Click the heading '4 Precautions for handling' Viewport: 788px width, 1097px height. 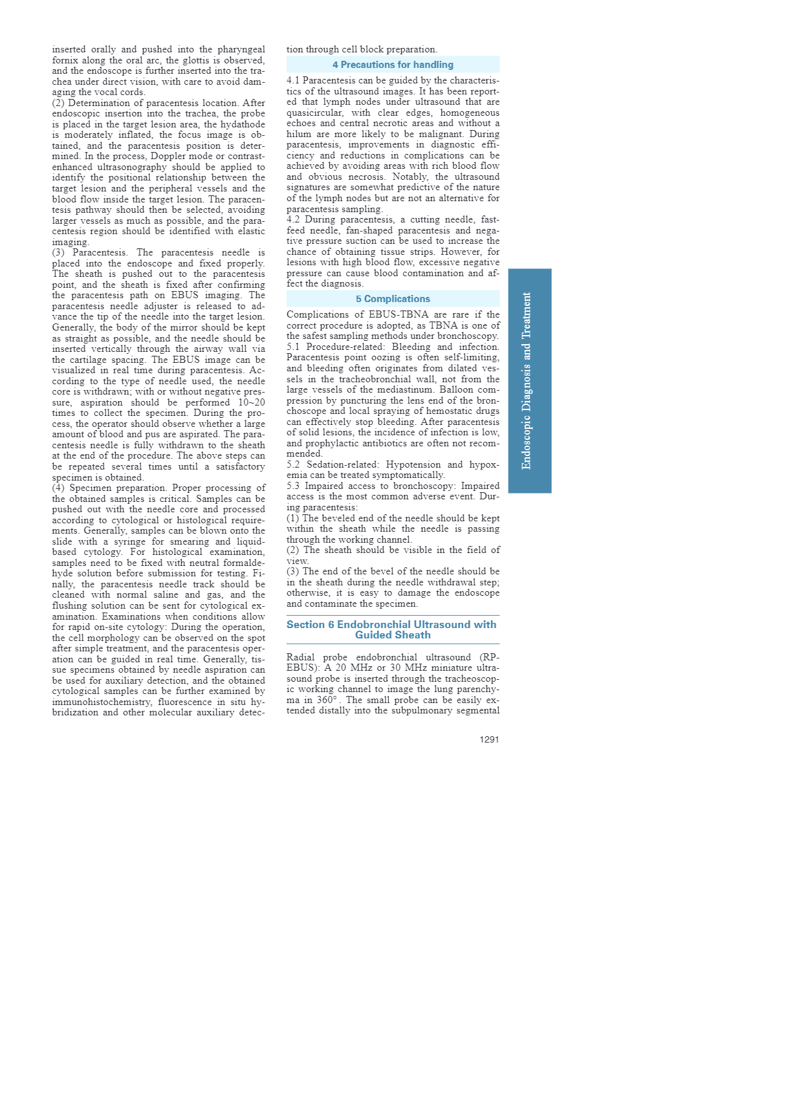point(393,65)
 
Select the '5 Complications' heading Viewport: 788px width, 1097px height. point(393,299)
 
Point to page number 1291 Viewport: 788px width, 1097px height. point(489,739)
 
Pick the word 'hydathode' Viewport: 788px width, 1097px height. point(243,124)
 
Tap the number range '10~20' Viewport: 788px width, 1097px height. point(252,402)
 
